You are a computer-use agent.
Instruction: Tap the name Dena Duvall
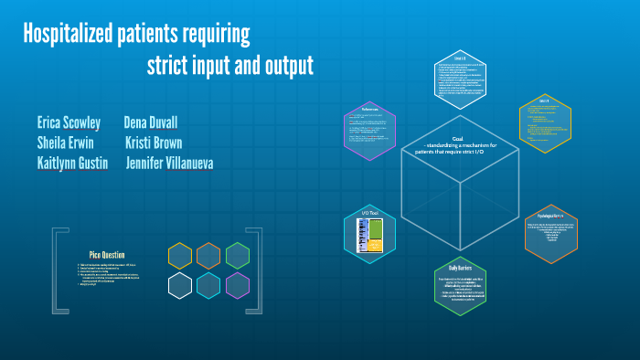click(151, 122)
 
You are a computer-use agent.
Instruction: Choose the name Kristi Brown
click(154, 143)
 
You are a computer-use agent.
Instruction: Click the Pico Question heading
click(107, 254)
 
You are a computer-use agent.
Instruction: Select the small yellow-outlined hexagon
click(180, 256)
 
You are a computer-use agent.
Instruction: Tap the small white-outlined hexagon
click(180, 286)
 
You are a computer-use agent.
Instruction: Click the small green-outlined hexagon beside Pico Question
click(238, 256)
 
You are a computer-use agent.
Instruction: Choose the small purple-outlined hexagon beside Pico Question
click(238, 286)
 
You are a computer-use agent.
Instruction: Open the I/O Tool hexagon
click(369, 232)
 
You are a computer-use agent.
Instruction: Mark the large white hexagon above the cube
click(460, 77)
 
